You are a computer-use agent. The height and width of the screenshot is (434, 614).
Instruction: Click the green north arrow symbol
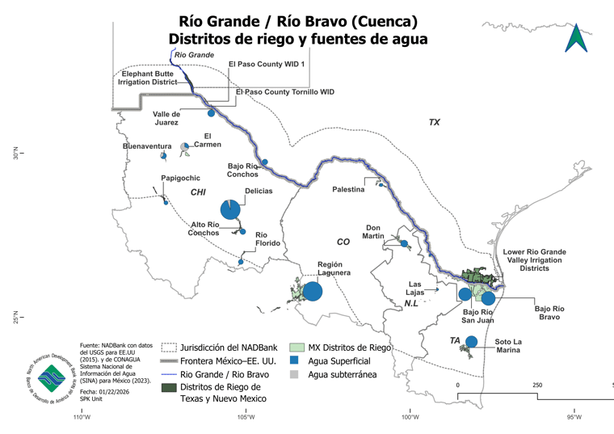[x=575, y=37]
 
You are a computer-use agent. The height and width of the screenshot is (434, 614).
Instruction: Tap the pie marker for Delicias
[x=230, y=209]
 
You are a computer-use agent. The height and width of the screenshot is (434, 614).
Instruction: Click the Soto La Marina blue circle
[x=472, y=342]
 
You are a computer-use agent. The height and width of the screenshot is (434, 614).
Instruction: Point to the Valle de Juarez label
[x=166, y=119]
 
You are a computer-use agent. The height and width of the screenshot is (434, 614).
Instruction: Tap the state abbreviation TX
[x=434, y=122]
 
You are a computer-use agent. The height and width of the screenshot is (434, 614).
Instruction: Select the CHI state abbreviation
[x=198, y=192]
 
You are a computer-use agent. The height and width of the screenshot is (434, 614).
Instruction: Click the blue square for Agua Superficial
[x=296, y=360]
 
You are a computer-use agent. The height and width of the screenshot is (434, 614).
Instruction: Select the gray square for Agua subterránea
[x=296, y=374]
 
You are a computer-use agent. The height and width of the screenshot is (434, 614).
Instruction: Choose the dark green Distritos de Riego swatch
[x=169, y=388]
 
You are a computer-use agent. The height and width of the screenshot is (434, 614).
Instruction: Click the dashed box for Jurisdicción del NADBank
[x=169, y=347]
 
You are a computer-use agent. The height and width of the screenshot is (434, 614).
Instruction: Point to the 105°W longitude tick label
[x=246, y=417]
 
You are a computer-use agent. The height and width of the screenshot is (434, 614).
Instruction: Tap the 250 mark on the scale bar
[x=536, y=385]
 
